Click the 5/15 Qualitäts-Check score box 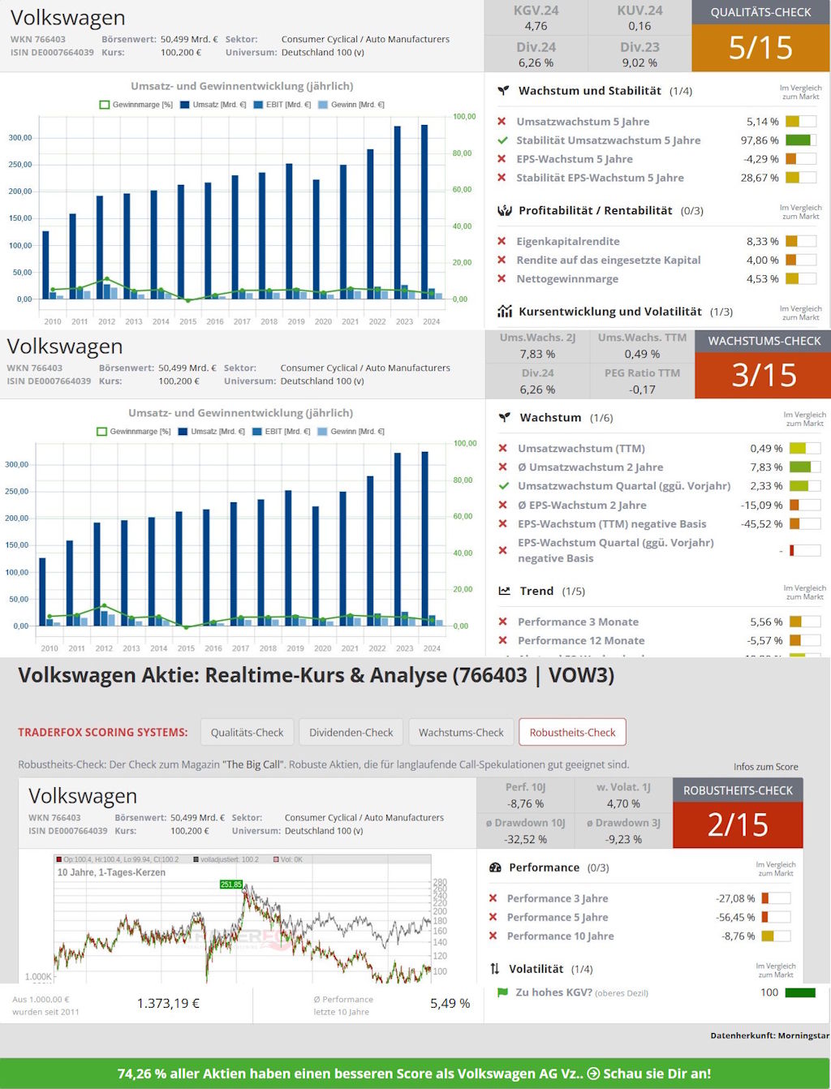760,48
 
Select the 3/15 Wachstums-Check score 764,375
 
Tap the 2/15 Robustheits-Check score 738,824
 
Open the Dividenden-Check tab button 351,732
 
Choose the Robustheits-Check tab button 572,732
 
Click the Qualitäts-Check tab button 247,732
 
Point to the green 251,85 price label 231,885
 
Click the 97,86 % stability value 759,140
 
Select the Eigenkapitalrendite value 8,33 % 762,241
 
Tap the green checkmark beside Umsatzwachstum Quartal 503,486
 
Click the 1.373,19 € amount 168,1004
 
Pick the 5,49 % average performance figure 450,1004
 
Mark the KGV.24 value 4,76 536,26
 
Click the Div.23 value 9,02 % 639,62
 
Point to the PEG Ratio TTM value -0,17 642,390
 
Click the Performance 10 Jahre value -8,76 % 738,936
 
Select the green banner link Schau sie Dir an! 657,1074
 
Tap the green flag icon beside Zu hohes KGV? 502,992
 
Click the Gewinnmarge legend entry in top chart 136,105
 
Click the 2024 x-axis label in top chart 431,321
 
